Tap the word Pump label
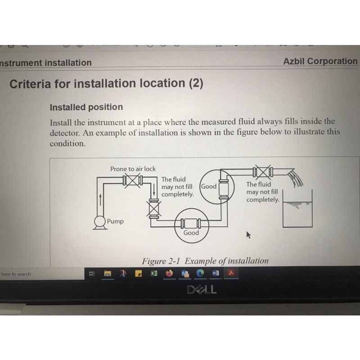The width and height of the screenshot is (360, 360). [x=115, y=221]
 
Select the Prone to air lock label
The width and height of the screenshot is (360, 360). [x=133, y=169]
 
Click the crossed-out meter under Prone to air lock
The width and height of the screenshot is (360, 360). [x=133, y=180]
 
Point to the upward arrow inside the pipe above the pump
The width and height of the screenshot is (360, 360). [x=100, y=199]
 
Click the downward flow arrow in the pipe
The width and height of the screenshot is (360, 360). [x=154, y=189]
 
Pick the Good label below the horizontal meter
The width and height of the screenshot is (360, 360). [x=191, y=233]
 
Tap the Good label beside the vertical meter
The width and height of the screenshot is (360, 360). [x=209, y=186]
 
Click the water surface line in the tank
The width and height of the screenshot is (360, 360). [x=297, y=202]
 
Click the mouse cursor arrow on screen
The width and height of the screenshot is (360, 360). [x=248, y=234]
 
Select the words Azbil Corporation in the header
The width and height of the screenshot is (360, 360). [x=320, y=61]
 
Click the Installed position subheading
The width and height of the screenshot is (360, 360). [x=86, y=107]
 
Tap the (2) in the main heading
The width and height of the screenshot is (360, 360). [x=196, y=83]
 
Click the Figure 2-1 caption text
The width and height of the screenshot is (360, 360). [x=205, y=261]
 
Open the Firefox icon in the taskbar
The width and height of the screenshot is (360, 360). [x=169, y=273]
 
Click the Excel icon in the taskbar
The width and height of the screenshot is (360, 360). [x=154, y=273]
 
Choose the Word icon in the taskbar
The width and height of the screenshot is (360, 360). [x=216, y=273]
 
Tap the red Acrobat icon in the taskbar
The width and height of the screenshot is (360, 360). [x=231, y=273]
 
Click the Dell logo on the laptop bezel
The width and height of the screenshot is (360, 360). [x=202, y=290]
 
